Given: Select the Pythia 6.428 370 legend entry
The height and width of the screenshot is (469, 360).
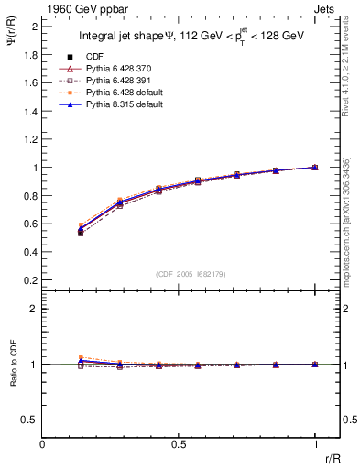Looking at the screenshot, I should point(115,69).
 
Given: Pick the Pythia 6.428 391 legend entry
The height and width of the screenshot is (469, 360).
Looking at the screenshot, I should point(115,81).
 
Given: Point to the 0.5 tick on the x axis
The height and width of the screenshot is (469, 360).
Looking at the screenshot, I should point(179,445).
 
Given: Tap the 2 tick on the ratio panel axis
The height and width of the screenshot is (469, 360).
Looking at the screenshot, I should point(35,309).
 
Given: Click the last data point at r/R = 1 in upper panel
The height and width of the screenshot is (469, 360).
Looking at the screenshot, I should point(315,168).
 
